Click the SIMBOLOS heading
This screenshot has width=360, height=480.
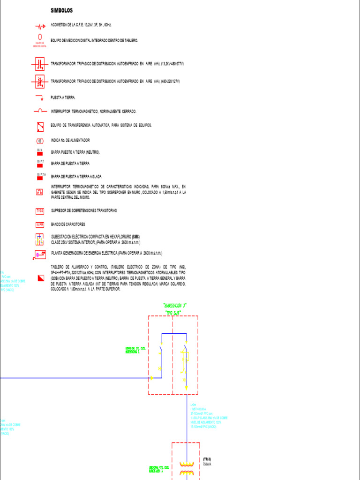coord(61,10)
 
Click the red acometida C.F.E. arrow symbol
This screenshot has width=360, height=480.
coord(39,27)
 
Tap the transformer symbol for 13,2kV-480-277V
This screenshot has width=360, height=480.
coord(39,65)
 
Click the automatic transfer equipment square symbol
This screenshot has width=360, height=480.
coord(40,126)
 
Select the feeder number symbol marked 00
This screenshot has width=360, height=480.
coord(40,141)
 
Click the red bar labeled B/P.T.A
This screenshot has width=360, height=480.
coord(40,177)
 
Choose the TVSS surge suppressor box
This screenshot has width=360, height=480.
coord(40,211)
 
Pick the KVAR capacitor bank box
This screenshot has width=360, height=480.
coord(40,225)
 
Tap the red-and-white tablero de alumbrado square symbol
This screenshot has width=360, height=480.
coord(40,278)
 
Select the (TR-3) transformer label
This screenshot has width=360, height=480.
coord(207,459)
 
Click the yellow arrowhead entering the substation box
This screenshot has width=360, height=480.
coord(151,378)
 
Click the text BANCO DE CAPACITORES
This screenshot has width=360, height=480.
coord(67,225)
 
